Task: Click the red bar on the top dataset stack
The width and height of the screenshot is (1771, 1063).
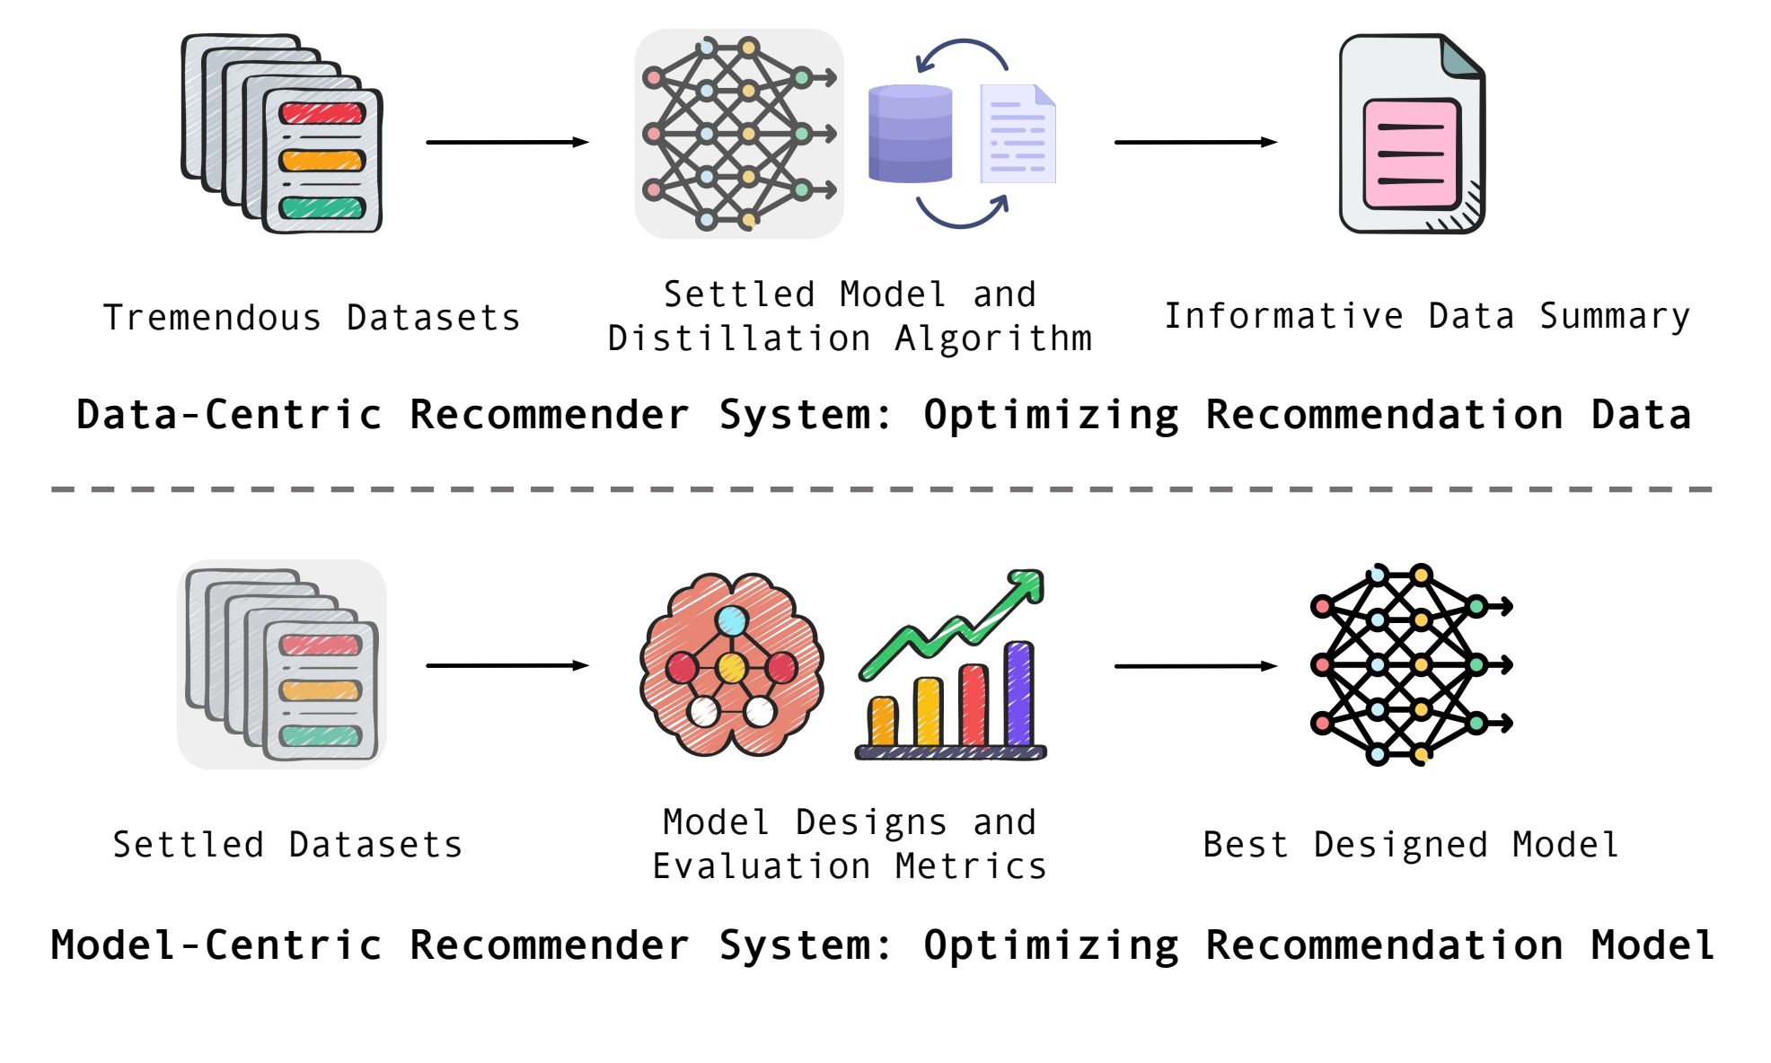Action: coord(322,113)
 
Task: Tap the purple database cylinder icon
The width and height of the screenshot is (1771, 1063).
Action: coord(910,134)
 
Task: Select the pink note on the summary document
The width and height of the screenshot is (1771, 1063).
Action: coord(1411,154)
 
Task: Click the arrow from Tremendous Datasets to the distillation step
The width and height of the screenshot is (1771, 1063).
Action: coord(507,142)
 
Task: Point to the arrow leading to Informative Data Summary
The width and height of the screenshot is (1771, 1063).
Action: coord(1195,142)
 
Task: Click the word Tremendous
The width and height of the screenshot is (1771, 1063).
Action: coord(212,318)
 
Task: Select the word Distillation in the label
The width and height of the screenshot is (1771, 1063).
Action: coord(739,338)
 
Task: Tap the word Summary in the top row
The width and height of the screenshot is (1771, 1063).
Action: coord(1615,317)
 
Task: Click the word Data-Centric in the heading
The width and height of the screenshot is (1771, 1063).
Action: coord(230,414)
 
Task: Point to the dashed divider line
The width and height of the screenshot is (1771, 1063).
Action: coord(882,489)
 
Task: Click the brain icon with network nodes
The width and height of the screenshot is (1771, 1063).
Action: coord(732,664)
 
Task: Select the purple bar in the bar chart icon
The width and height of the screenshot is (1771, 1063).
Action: coord(1018,694)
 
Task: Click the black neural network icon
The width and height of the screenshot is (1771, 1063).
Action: coord(1411,664)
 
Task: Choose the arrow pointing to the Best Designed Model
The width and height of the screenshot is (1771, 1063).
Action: coord(1195,666)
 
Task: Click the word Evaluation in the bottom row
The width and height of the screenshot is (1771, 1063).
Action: coord(762,866)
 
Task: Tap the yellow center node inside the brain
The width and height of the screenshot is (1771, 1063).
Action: coord(732,668)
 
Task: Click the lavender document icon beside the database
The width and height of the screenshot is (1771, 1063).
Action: coord(1018,134)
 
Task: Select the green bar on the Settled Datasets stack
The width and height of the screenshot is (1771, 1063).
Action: coord(321,736)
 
